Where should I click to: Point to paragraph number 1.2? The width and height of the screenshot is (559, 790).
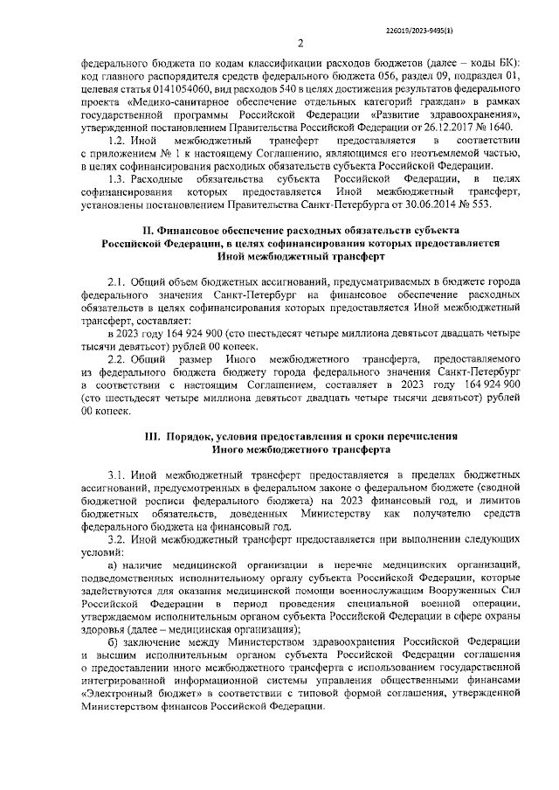click(115, 140)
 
